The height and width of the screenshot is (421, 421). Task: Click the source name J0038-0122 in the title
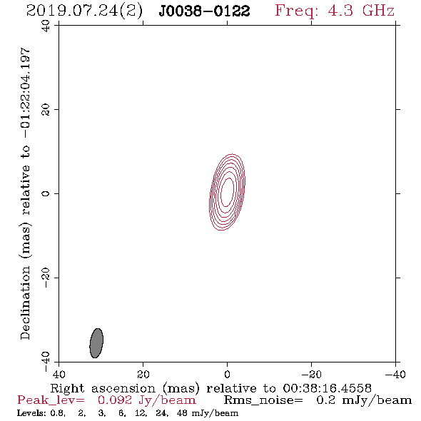point(204,11)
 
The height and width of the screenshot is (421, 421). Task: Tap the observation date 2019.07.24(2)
point(84,11)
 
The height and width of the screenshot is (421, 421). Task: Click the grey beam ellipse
point(96,343)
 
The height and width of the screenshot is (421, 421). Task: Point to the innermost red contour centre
point(227,192)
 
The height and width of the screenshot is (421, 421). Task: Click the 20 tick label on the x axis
point(143,375)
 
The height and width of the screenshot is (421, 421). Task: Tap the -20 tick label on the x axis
point(311,375)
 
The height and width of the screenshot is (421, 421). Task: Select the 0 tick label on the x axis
point(227,375)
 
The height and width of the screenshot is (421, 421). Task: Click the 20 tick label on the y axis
point(46,110)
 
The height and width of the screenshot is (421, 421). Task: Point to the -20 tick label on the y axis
point(46,278)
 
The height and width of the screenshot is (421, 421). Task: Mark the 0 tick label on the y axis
point(46,193)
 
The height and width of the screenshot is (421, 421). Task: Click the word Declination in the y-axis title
point(25,303)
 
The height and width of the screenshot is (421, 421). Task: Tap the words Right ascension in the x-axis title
point(103,388)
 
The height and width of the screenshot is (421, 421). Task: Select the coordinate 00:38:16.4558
point(327,388)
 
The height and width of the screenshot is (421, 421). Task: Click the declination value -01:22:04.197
point(26,93)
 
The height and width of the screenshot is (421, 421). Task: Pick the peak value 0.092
point(115,400)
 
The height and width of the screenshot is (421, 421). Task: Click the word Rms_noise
point(263,400)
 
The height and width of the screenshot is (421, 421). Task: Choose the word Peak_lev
point(51,400)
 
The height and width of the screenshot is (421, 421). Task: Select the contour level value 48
point(182,413)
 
